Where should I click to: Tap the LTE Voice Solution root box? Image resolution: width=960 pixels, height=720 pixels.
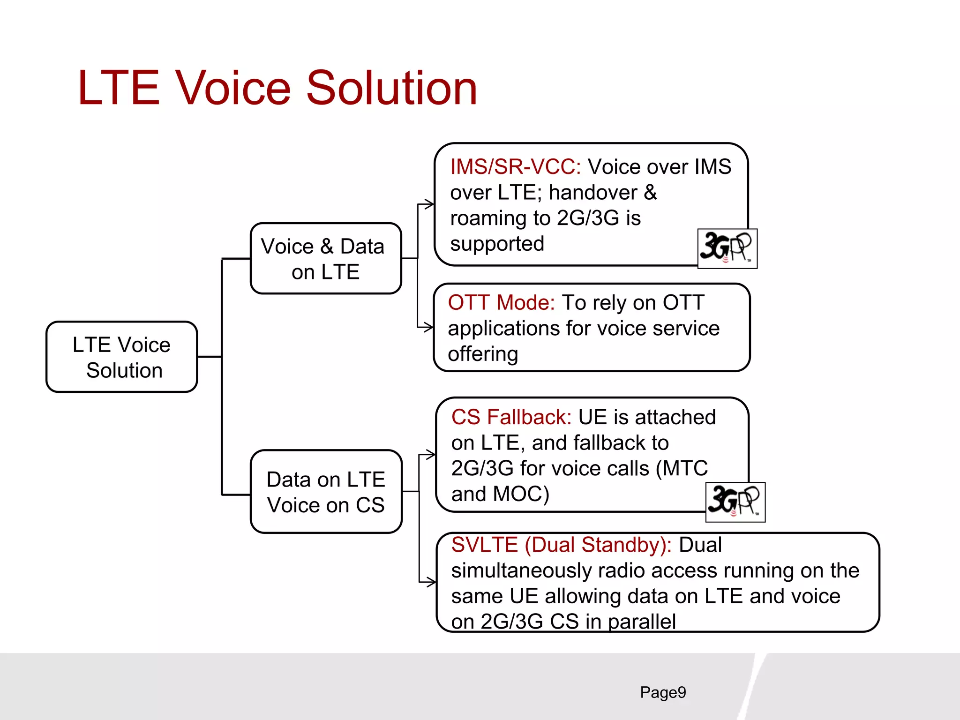[122, 357]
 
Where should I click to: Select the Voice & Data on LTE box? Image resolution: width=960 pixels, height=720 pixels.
[325, 259]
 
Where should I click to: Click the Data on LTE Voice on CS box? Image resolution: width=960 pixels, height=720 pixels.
[326, 492]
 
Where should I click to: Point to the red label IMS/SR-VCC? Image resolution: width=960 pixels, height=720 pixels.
[516, 167]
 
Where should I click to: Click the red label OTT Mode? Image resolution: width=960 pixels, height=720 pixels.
[501, 303]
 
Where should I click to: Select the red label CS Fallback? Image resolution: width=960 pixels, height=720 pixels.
[511, 417]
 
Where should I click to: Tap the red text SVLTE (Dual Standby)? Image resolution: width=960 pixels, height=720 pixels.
[561, 545]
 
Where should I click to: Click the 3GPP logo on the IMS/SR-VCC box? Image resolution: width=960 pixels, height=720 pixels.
[727, 248]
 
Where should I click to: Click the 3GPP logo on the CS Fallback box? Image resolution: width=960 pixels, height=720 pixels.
[735, 502]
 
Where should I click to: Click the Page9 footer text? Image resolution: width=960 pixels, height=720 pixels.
[663, 692]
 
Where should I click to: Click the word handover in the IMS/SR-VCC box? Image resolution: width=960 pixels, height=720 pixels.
[593, 193]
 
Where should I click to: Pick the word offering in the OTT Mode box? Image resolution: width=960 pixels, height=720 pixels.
[483, 354]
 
